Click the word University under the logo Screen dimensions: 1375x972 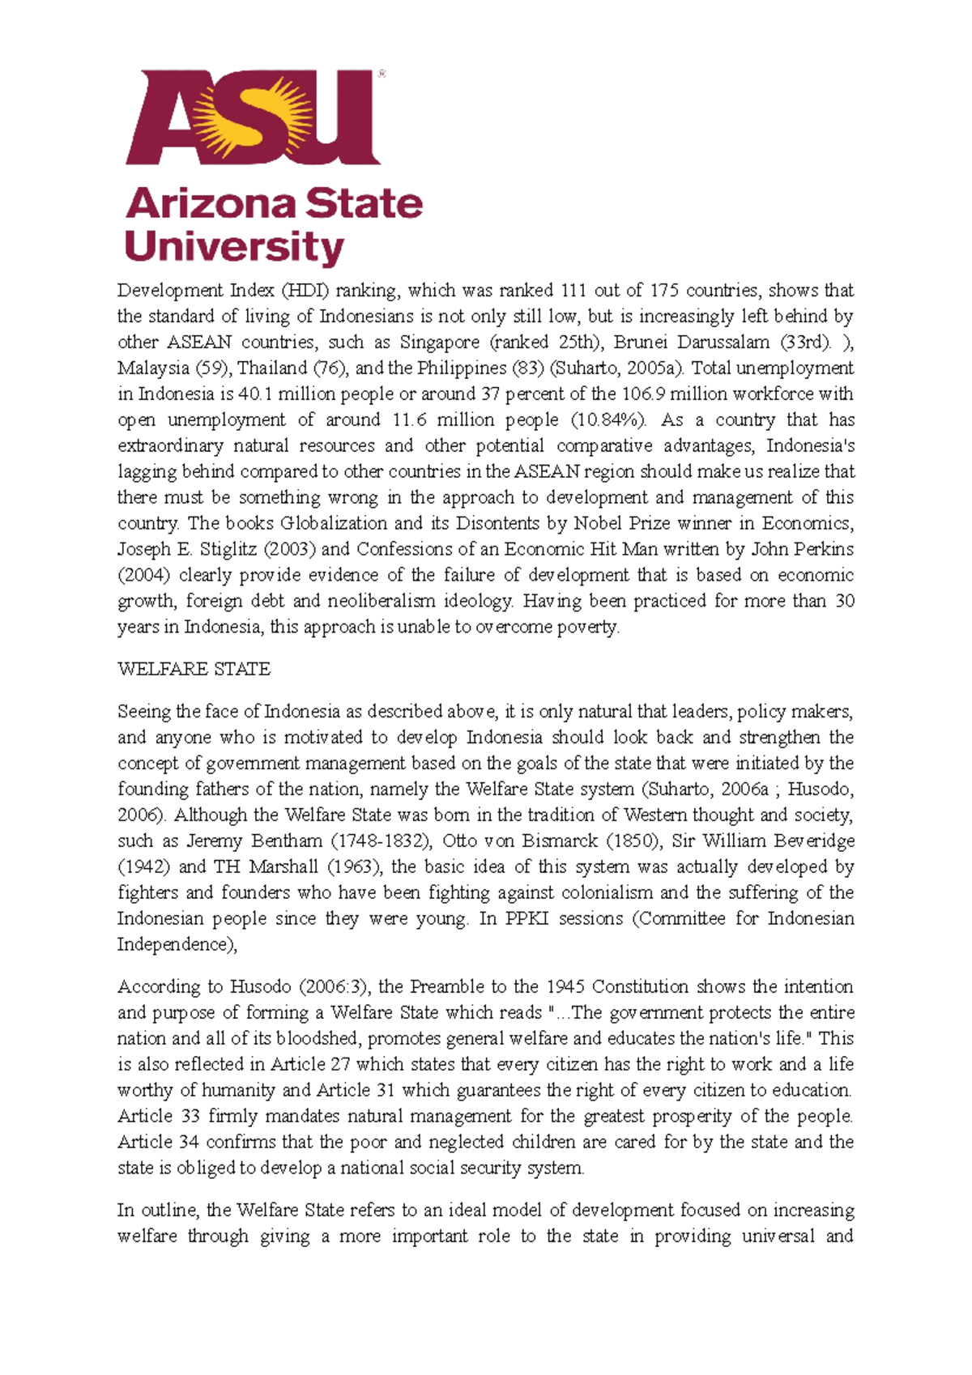coord(234,247)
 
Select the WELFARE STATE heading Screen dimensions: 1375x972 coord(194,669)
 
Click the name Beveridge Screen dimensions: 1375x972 coord(813,841)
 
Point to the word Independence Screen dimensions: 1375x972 coord(174,944)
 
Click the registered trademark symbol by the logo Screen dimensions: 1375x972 coord(382,74)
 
